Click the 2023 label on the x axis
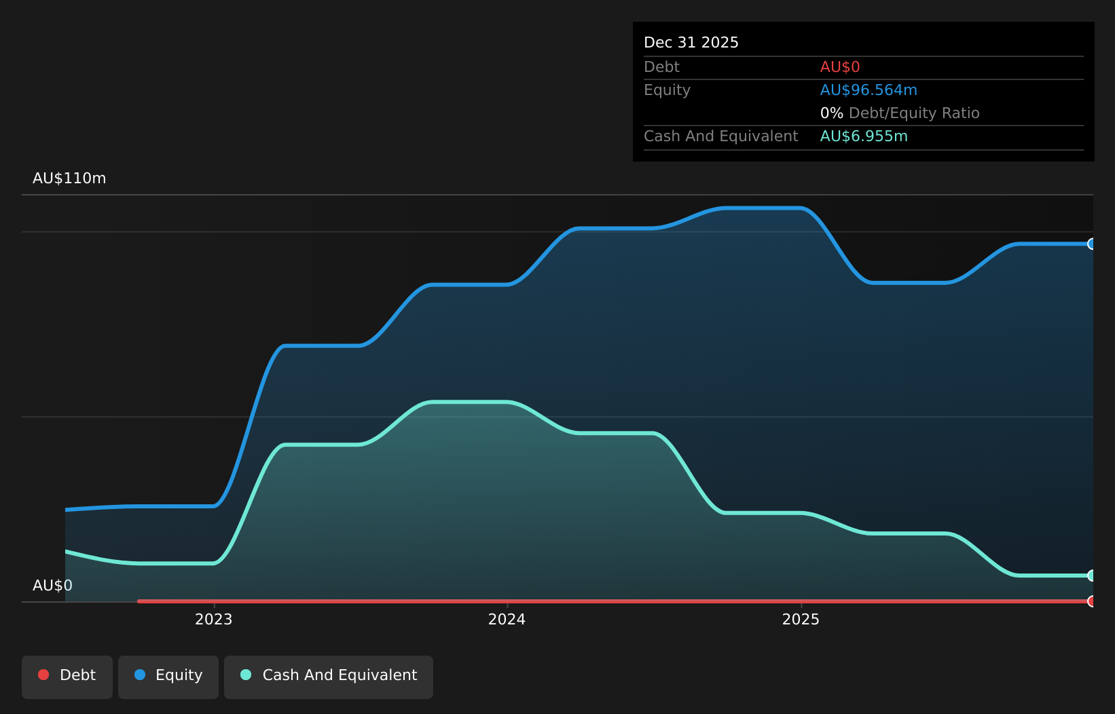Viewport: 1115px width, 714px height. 213,620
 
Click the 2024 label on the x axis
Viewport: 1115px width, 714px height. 507,620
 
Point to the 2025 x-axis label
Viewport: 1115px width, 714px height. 801,620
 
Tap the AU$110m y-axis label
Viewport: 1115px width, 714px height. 69,178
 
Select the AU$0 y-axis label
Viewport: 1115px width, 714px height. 52,586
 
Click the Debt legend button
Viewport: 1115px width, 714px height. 67,677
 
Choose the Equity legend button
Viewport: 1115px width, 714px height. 168,677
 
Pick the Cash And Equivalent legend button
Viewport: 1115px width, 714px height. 329,677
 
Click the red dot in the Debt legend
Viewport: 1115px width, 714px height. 44,675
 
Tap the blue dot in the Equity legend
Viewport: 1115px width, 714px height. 140,675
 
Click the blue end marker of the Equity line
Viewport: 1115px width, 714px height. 1091,244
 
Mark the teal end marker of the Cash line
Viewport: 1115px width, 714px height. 1091,576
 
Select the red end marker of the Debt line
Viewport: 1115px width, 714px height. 1091,601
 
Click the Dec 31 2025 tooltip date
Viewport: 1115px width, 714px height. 691,43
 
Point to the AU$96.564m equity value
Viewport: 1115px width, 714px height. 869,90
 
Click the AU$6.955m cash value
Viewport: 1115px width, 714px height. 864,136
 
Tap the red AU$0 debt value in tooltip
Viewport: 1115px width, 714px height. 840,67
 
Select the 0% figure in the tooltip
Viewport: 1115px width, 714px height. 832,113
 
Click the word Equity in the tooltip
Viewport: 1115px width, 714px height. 667,90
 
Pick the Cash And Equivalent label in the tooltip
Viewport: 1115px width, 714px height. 720,136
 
